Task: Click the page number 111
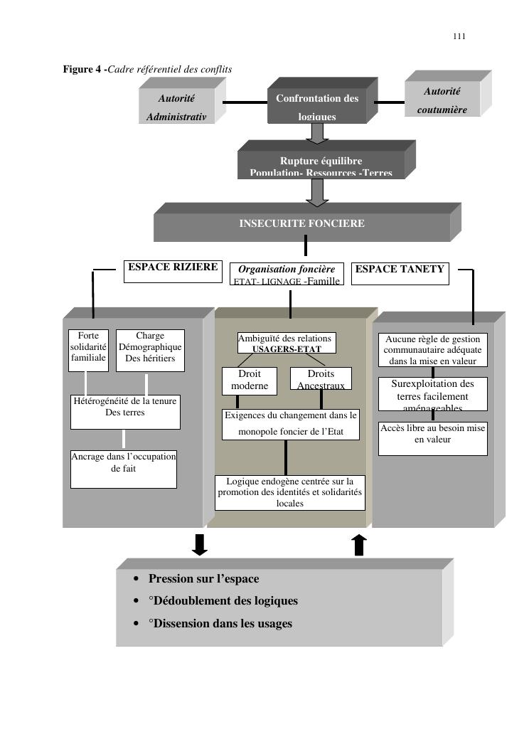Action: (x=459, y=37)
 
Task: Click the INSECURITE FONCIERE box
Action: (x=301, y=224)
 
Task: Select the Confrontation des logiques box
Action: (x=317, y=106)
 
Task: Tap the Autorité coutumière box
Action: (x=442, y=100)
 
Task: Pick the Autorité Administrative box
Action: (x=176, y=107)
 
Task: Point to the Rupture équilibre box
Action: (x=321, y=165)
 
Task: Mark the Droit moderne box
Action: (x=250, y=379)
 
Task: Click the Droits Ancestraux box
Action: (x=321, y=378)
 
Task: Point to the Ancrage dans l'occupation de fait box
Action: (x=124, y=469)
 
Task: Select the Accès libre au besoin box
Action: (x=432, y=438)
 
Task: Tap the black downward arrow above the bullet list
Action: (x=200, y=544)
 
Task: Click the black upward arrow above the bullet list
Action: (x=359, y=545)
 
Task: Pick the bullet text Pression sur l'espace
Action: (x=203, y=579)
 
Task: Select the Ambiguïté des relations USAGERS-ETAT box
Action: (x=287, y=344)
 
